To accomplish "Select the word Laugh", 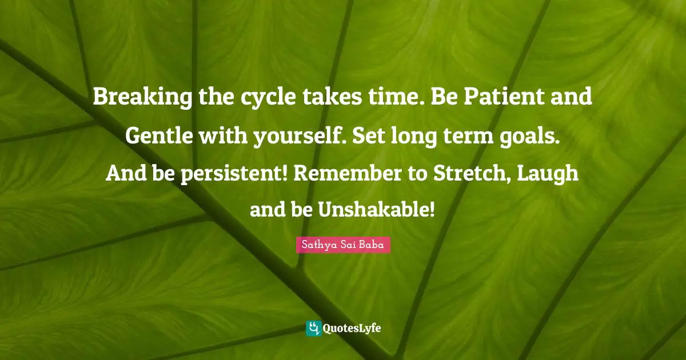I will [552, 174].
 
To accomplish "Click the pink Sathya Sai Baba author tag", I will [343, 246].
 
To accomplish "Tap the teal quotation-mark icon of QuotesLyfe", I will [313, 328].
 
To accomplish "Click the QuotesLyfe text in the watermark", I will [352, 329].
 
